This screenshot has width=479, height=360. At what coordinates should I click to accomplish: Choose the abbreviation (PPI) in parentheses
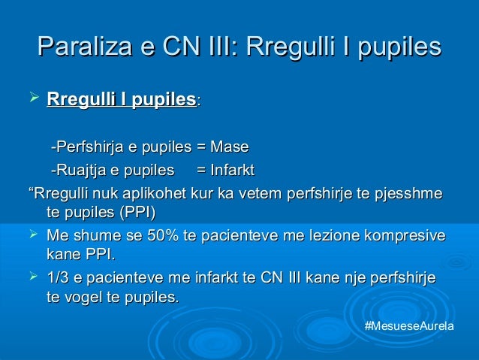coord(138,212)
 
